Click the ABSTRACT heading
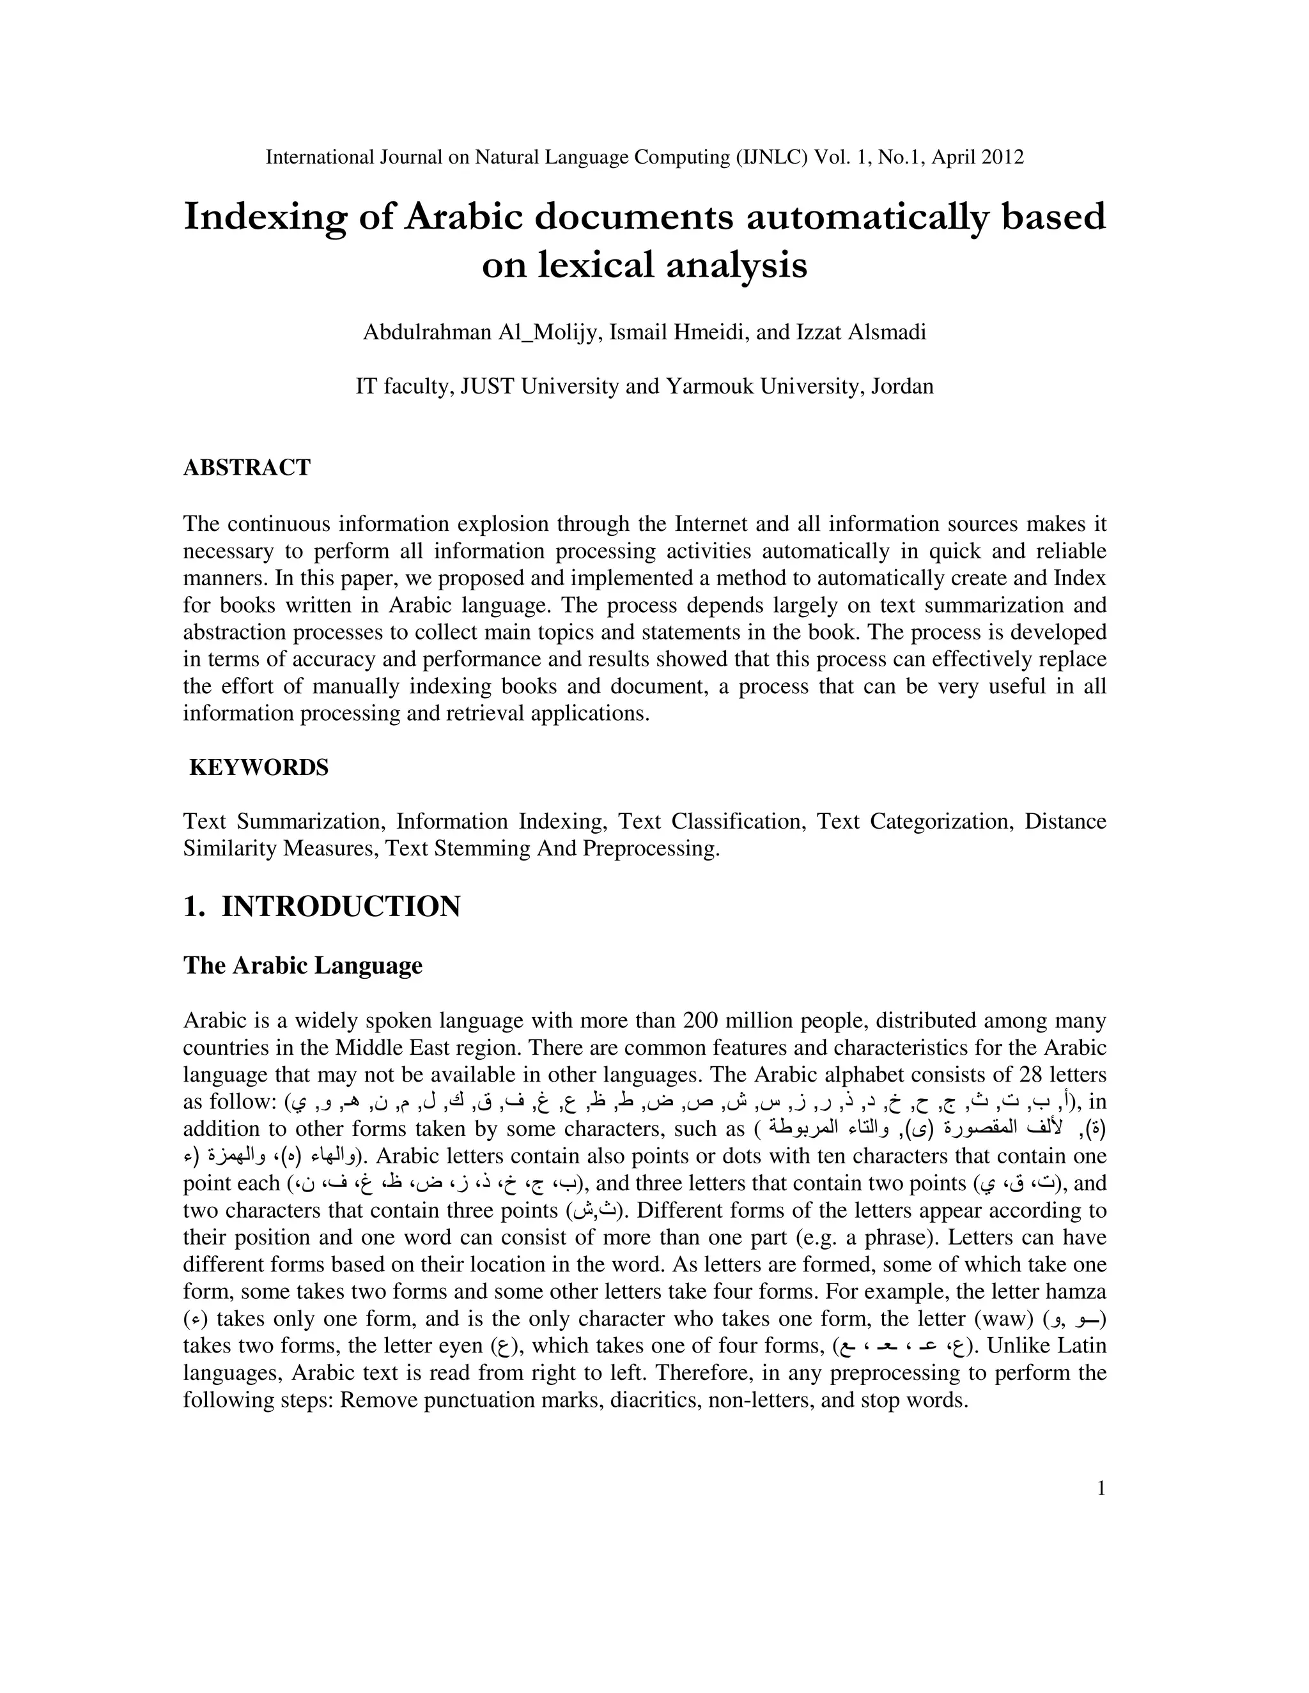(x=247, y=468)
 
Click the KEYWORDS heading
(x=259, y=767)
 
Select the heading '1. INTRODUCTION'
(x=322, y=906)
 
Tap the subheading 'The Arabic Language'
(x=302, y=966)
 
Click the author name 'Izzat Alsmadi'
(x=861, y=333)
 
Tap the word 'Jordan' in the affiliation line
(x=902, y=386)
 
